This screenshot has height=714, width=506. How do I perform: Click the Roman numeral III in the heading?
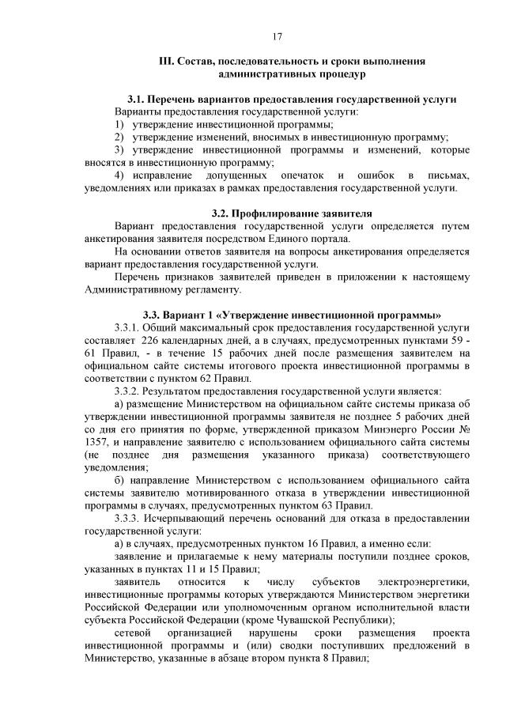166,60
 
